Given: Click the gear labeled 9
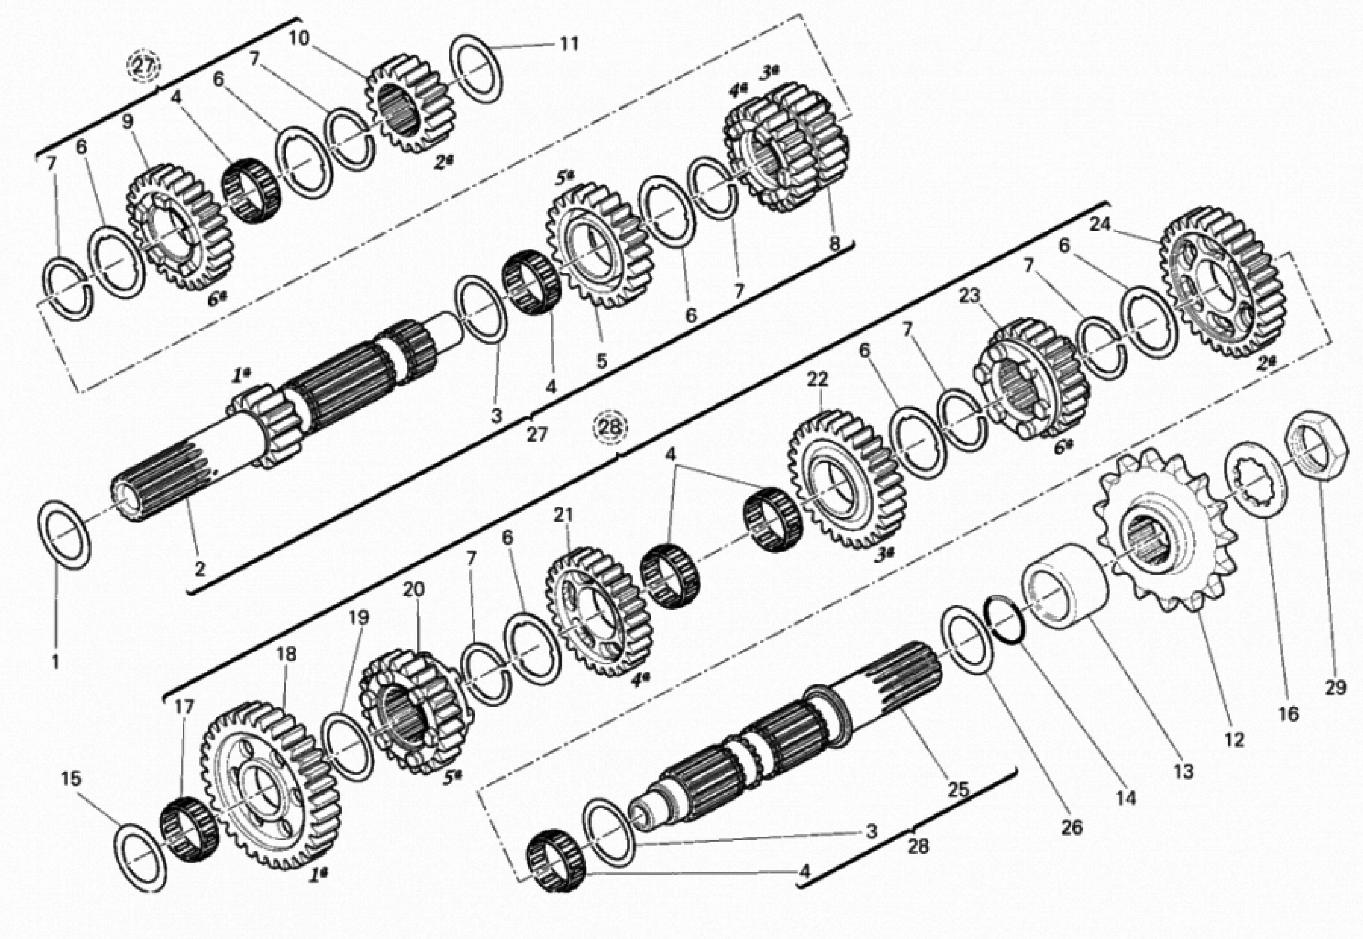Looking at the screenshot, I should point(179,227).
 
